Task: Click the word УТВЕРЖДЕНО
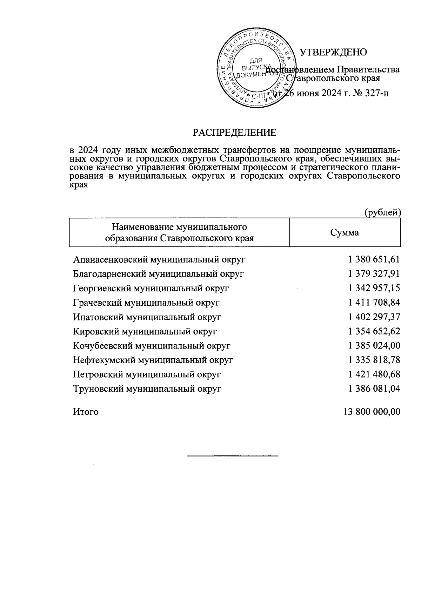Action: point(333,52)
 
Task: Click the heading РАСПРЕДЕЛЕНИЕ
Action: point(234,133)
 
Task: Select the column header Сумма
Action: point(345,232)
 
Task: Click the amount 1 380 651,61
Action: point(374,259)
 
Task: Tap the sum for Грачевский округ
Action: point(374,302)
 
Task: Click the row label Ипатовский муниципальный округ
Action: point(147,317)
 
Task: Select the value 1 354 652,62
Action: point(374,331)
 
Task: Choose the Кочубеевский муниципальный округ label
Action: point(152,346)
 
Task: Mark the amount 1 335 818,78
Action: point(374,360)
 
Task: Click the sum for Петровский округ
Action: point(374,374)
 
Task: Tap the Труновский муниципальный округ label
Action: point(147,389)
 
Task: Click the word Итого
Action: point(86,412)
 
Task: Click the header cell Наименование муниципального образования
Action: point(179,232)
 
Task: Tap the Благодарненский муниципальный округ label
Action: point(158,274)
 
